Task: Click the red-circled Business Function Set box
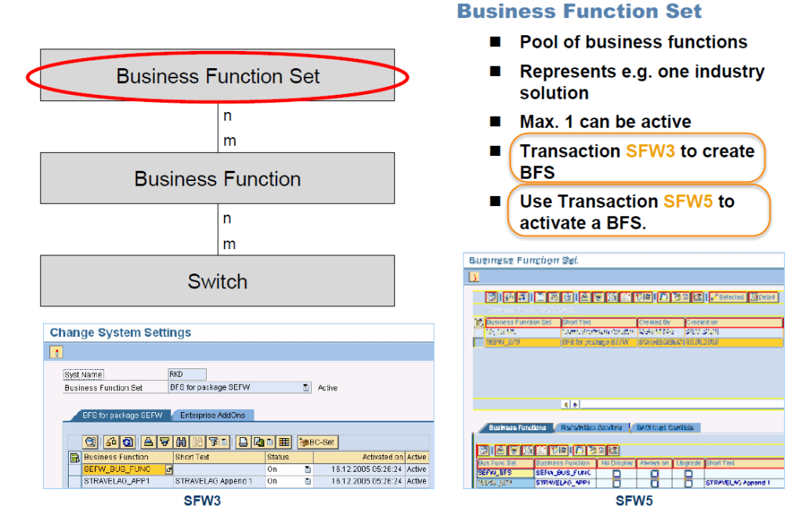218,77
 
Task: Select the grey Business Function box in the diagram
218,179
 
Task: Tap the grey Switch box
218,281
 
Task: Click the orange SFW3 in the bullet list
650,151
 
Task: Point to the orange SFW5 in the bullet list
688,201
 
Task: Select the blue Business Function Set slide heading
580,12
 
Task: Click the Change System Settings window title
121,332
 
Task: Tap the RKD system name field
187,375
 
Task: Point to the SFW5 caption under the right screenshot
632,500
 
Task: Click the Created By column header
660,322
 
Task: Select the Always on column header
654,463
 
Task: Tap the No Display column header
616,463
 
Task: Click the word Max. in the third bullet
538,121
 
